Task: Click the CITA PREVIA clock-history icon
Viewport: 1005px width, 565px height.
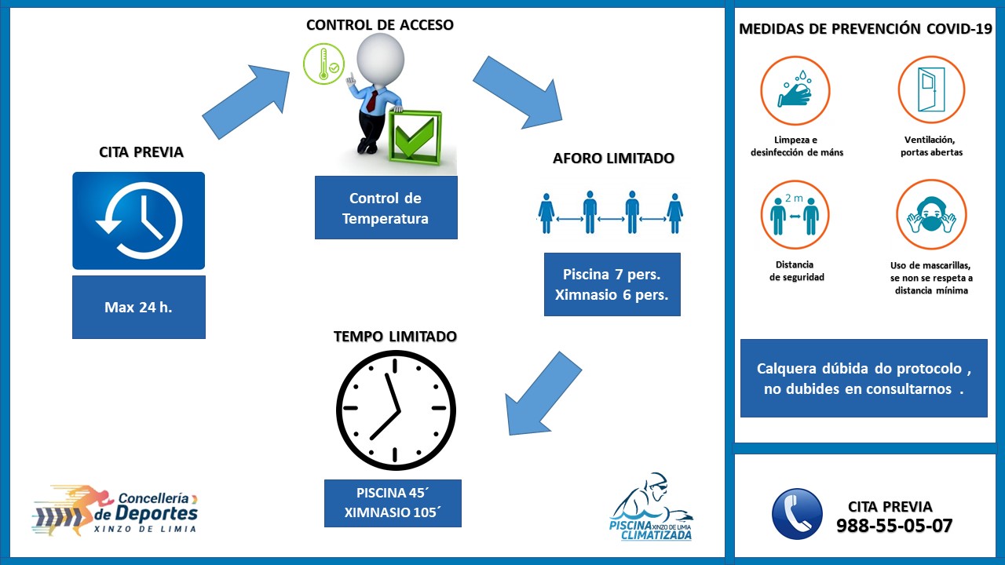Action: (x=138, y=221)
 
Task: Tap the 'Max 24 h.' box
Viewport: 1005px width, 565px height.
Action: (x=138, y=307)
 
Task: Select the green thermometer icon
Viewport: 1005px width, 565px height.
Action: (x=323, y=64)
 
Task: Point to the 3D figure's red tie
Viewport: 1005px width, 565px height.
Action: (x=372, y=103)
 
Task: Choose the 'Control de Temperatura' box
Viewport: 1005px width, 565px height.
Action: (x=386, y=208)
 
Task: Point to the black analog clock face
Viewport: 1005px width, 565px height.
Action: (x=396, y=409)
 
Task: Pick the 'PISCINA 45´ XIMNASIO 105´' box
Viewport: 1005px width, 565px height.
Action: (x=393, y=504)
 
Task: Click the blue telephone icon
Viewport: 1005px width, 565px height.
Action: (x=797, y=514)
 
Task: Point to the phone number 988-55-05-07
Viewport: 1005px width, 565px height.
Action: (x=894, y=526)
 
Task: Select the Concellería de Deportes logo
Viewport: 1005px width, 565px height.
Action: (x=115, y=510)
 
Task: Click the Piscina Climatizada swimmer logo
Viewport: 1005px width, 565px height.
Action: (x=652, y=508)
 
